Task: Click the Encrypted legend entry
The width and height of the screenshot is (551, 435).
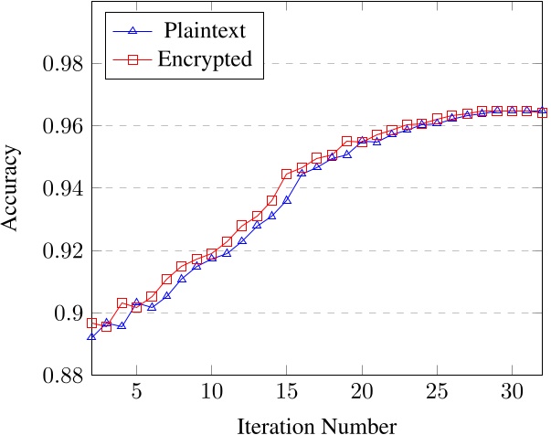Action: point(207,61)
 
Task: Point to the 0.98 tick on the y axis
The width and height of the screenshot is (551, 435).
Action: point(59,65)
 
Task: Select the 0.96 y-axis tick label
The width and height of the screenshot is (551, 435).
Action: point(59,126)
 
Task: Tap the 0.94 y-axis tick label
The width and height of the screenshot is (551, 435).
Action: point(59,188)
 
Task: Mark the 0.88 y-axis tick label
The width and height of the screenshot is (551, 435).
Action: point(59,376)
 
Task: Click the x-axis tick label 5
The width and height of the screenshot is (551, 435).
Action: point(136,393)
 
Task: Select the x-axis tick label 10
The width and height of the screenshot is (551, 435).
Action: point(211,393)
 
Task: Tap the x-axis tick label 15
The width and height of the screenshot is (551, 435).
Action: point(286,393)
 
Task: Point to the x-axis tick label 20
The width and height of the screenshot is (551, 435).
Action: point(362,393)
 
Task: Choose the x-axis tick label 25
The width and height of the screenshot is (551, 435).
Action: point(437,393)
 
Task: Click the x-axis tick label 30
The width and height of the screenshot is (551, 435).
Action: point(512,393)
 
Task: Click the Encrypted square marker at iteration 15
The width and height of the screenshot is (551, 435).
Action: point(287,174)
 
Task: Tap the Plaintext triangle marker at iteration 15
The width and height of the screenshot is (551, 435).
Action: point(287,199)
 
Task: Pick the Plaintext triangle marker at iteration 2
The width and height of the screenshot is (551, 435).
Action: point(91,336)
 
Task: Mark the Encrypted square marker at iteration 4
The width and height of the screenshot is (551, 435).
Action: point(122,302)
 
